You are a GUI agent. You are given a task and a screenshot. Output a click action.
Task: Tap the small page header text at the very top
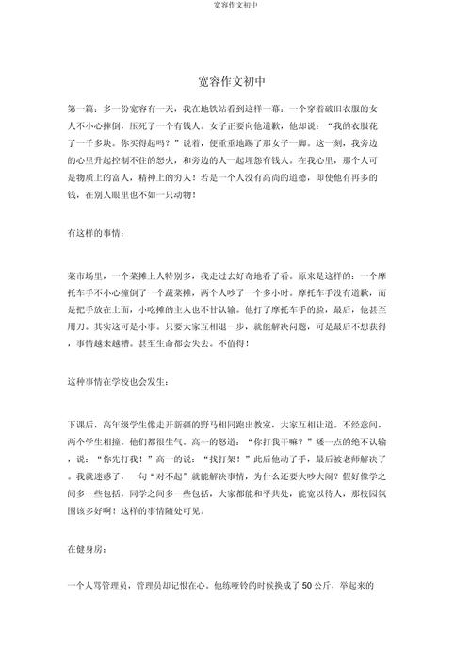click(x=235, y=6)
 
